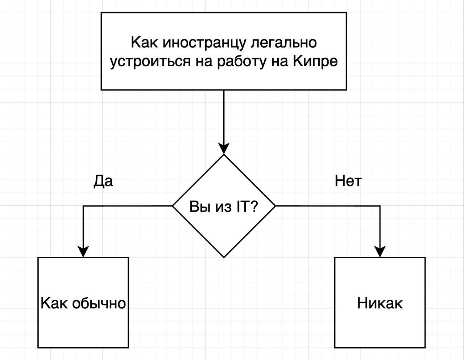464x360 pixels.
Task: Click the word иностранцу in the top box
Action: click(204, 43)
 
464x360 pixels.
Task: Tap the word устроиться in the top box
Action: click(150, 62)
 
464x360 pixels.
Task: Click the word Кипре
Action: click(315, 62)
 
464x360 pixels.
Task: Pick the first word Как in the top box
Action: click(144, 42)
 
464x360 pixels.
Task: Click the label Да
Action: click(103, 181)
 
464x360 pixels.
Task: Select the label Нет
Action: click(348, 181)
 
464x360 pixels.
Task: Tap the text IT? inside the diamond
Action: click(248, 207)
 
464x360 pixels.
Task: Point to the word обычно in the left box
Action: click(99, 303)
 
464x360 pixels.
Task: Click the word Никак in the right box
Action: click(380, 303)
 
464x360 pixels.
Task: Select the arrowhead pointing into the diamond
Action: click(224, 148)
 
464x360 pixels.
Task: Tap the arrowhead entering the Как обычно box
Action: click(83, 252)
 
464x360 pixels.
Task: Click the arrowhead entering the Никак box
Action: click(380, 252)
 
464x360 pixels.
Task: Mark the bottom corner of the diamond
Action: click(224, 258)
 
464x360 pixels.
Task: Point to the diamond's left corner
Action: click(172, 206)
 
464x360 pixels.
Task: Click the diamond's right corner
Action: click(275, 206)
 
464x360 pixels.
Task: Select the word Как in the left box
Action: click(54, 303)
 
